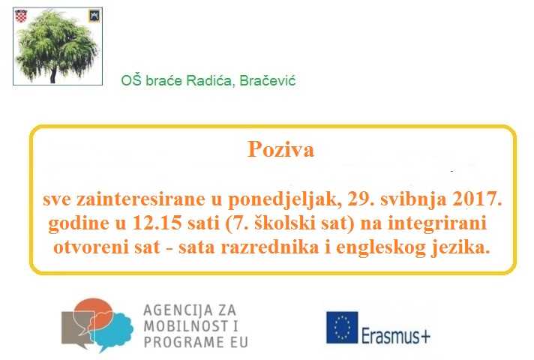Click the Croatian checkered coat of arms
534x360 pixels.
click(x=21, y=16)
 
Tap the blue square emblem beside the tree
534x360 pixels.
click(x=94, y=16)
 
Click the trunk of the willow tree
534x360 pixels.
click(x=52, y=75)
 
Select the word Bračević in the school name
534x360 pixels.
click(x=267, y=81)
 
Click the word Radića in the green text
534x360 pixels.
click(x=211, y=81)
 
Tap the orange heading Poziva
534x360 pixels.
click(x=280, y=149)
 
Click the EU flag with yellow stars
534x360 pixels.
click(x=342, y=328)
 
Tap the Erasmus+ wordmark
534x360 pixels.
click(x=396, y=335)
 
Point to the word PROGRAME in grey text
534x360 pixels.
click(x=179, y=342)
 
